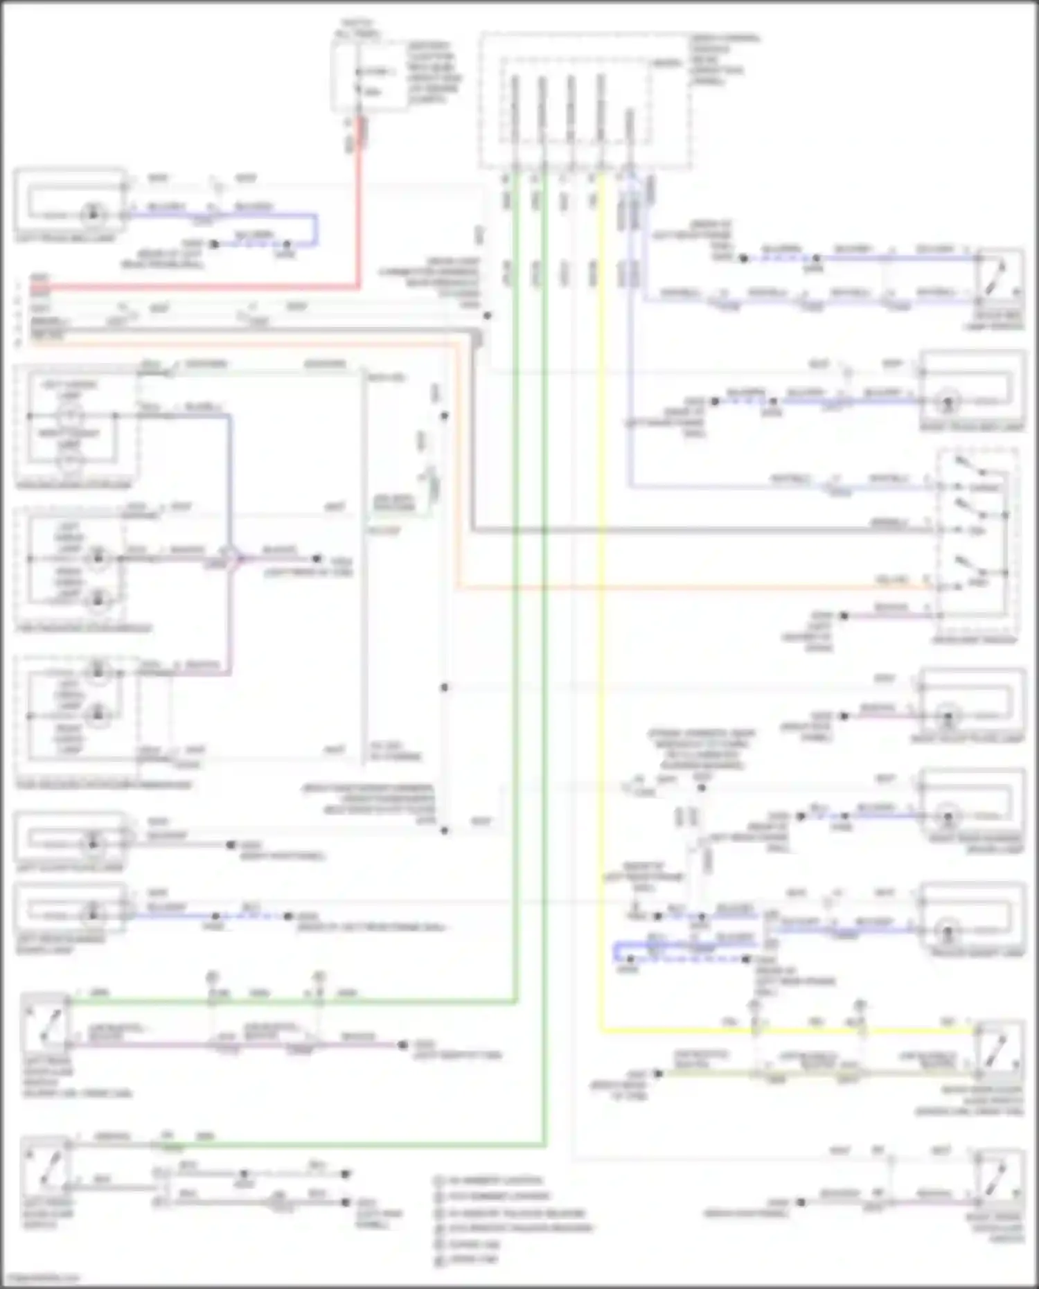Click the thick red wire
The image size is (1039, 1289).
pyautogui.click(x=359, y=222)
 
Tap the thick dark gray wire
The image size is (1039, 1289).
pyautogui.click(x=693, y=531)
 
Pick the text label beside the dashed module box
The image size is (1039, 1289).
pyautogui.click(x=724, y=59)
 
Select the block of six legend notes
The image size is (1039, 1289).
pyautogui.click(x=513, y=1219)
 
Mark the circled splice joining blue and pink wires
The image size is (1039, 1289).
pyautogui.click(x=231, y=558)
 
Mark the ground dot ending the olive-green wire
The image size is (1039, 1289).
pyautogui.click(x=658, y=1074)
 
